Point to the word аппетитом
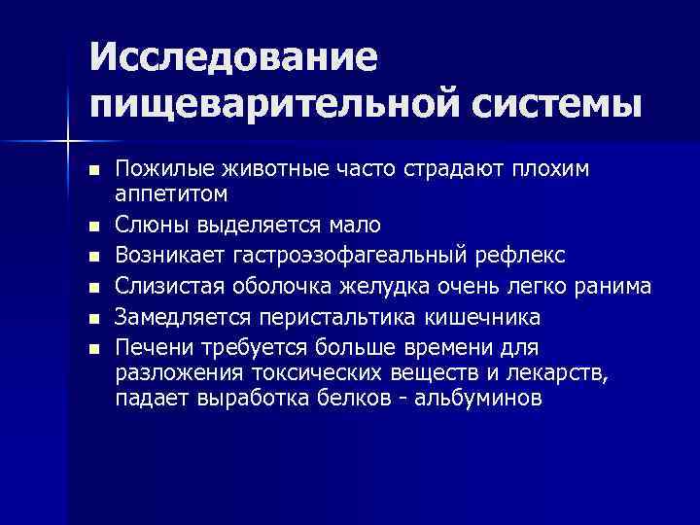pyautogui.click(x=171, y=193)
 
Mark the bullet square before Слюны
pyautogui.click(x=92, y=226)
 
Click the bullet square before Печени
pyautogui.click(x=92, y=349)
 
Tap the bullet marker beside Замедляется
pyautogui.click(x=92, y=318)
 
